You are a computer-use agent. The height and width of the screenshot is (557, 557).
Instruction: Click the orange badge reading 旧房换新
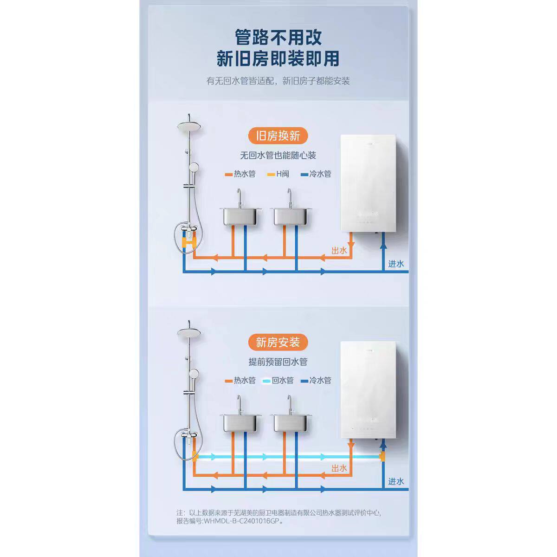pyautogui.click(x=278, y=136)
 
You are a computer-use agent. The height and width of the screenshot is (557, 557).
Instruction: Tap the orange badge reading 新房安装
pyautogui.click(x=278, y=342)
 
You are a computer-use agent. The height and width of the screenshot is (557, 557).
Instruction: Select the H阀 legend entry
pyautogui.click(x=278, y=174)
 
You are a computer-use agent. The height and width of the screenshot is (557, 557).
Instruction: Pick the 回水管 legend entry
pyautogui.click(x=278, y=381)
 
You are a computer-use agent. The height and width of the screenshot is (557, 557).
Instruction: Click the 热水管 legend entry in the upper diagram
pyautogui.click(x=240, y=174)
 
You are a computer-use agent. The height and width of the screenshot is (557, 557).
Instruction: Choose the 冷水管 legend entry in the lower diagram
pyautogui.click(x=317, y=381)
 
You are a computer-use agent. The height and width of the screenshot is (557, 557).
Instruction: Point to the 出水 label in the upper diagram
pyautogui.click(x=339, y=251)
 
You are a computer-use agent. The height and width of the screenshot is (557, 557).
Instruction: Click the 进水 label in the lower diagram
pyautogui.click(x=396, y=481)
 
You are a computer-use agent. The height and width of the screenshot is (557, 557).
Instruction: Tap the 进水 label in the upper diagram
pyautogui.click(x=396, y=264)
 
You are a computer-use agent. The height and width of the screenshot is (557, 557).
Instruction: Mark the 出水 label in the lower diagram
pyautogui.click(x=339, y=468)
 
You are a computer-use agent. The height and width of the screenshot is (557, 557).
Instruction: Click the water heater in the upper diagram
pyautogui.click(x=368, y=183)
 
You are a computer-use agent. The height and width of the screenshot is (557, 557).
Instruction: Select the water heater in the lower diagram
pyautogui.click(x=368, y=390)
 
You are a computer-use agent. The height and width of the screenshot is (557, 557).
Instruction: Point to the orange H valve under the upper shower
pyautogui.click(x=190, y=242)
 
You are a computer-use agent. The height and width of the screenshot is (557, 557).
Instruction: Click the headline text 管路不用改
pyautogui.click(x=278, y=37)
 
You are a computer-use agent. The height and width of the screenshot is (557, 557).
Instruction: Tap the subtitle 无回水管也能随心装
pyautogui.click(x=278, y=155)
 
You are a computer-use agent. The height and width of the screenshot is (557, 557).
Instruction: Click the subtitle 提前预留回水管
pyautogui.click(x=278, y=362)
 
